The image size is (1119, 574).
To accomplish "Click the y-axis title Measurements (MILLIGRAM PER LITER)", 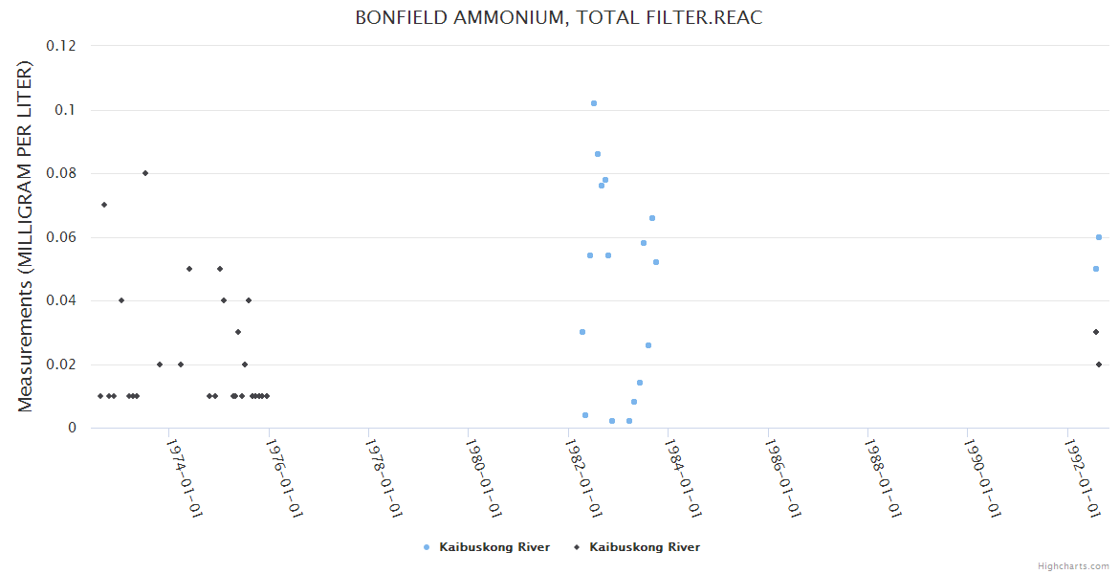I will pos(26,236).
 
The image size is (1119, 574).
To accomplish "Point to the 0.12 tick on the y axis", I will pos(62,46).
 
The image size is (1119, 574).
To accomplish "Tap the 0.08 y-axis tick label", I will pos(62,173).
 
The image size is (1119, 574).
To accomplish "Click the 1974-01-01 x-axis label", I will pos(184,477).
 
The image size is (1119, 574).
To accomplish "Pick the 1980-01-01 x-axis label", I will pos(484,477).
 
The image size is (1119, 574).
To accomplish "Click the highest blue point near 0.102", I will pos(594,103).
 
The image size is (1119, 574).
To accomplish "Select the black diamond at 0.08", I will pos(145,173).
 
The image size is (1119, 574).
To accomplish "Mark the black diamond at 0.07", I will pos(104,205).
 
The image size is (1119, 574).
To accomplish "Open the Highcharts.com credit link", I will pos(1073,566).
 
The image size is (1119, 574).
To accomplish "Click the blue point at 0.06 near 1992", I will pos(1099,237).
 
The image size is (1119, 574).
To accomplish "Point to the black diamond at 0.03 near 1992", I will pos(1096,332).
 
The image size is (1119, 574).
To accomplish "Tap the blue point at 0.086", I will pos(598,154).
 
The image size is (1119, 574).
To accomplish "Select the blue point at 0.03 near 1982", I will pos(582,332).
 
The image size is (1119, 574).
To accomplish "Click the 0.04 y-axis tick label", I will pos(62,300).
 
